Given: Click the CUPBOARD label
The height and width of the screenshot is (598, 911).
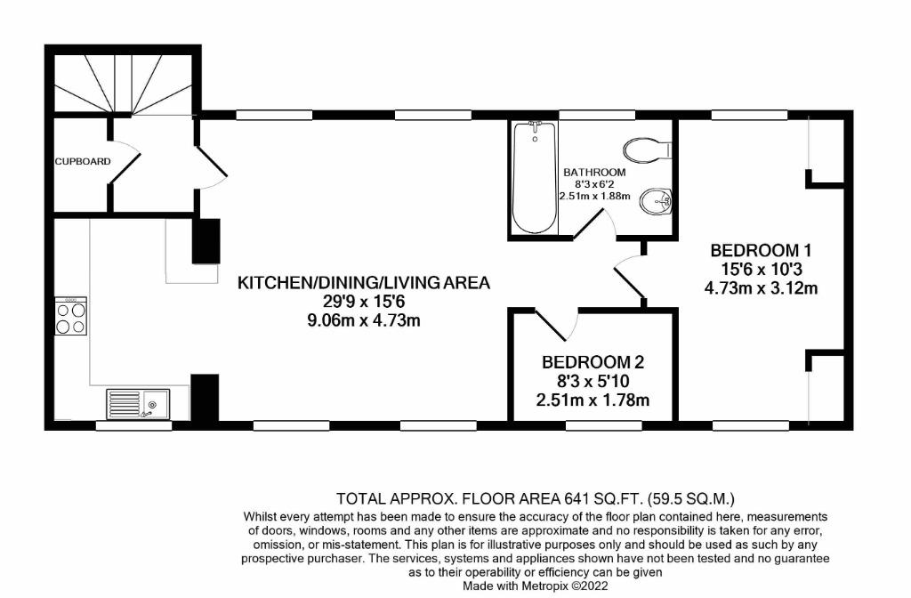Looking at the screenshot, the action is point(83,162).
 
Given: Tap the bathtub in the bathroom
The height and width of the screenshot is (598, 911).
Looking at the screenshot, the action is point(535,177).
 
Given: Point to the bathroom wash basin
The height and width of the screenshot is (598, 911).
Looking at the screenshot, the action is point(656,202).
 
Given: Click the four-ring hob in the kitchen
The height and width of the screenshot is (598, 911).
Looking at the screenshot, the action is point(71,316).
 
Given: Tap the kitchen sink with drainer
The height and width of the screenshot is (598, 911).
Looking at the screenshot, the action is point(138,404).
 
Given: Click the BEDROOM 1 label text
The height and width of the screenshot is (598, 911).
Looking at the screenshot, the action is point(761,250).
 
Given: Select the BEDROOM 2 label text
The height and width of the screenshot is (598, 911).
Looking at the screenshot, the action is point(593,362).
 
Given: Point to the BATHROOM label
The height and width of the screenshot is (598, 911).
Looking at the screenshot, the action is point(594,172).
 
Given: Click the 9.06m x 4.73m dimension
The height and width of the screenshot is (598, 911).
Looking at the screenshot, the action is point(364,320).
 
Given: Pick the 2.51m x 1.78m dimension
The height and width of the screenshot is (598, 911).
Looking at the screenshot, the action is point(593,400).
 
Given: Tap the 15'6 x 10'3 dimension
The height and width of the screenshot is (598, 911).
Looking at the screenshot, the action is point(761,269).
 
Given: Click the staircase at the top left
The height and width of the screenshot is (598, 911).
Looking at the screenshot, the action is point(123,82).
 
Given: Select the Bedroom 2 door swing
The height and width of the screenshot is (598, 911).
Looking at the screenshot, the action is point(557,324).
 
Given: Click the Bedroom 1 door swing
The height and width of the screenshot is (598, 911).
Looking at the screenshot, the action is point(630,278).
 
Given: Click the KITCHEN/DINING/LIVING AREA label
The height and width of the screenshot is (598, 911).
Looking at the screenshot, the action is point(364,283).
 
